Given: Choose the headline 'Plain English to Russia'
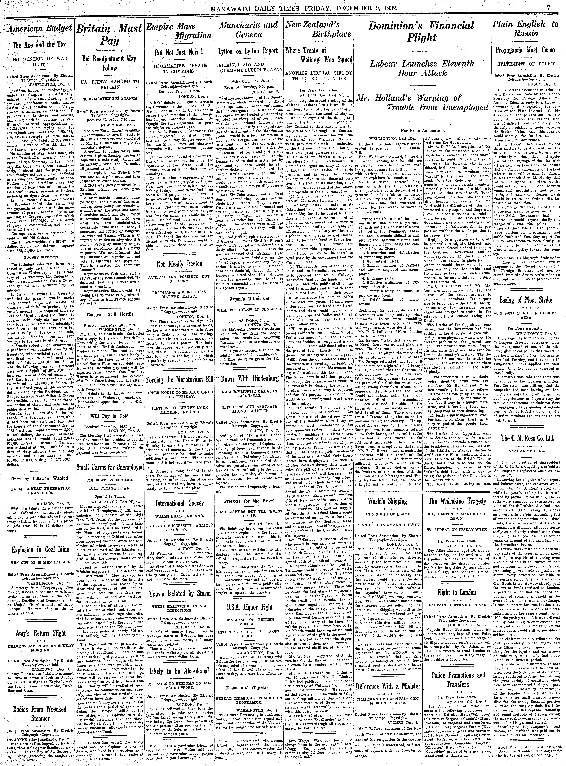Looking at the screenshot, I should point(526,29).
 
